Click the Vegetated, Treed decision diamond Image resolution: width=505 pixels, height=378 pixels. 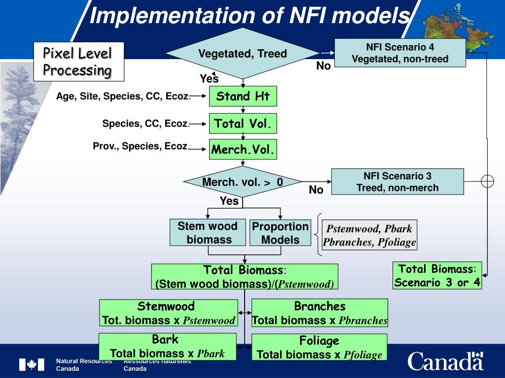click(242, 54)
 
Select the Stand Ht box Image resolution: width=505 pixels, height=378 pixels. click(243, 96)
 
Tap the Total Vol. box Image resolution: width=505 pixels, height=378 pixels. click(243, 123)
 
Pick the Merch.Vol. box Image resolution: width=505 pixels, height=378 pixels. click(243, 149)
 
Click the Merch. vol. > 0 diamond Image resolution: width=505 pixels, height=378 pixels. click(242, 182)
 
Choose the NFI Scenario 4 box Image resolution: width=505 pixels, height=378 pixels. click(400, 53)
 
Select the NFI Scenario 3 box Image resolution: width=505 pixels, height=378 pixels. click(397, 182)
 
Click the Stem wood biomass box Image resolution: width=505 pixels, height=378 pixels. click(208, 233)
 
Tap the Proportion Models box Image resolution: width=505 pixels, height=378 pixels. click(280, 233)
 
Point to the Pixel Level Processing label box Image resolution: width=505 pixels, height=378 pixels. click(78, 62)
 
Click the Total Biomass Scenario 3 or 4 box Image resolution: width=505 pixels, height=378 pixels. click(437, 276)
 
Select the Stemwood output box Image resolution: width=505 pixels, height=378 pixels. click(168, 313)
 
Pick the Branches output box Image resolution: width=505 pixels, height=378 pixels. click(320, 313)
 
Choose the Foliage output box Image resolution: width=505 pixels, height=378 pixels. click(319, 347)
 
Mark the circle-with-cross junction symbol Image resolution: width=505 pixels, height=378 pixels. click(487, 181)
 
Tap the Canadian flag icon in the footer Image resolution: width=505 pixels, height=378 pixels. click(31, 365)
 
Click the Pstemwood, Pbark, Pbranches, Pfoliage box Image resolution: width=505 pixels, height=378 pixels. click(369, 235)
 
